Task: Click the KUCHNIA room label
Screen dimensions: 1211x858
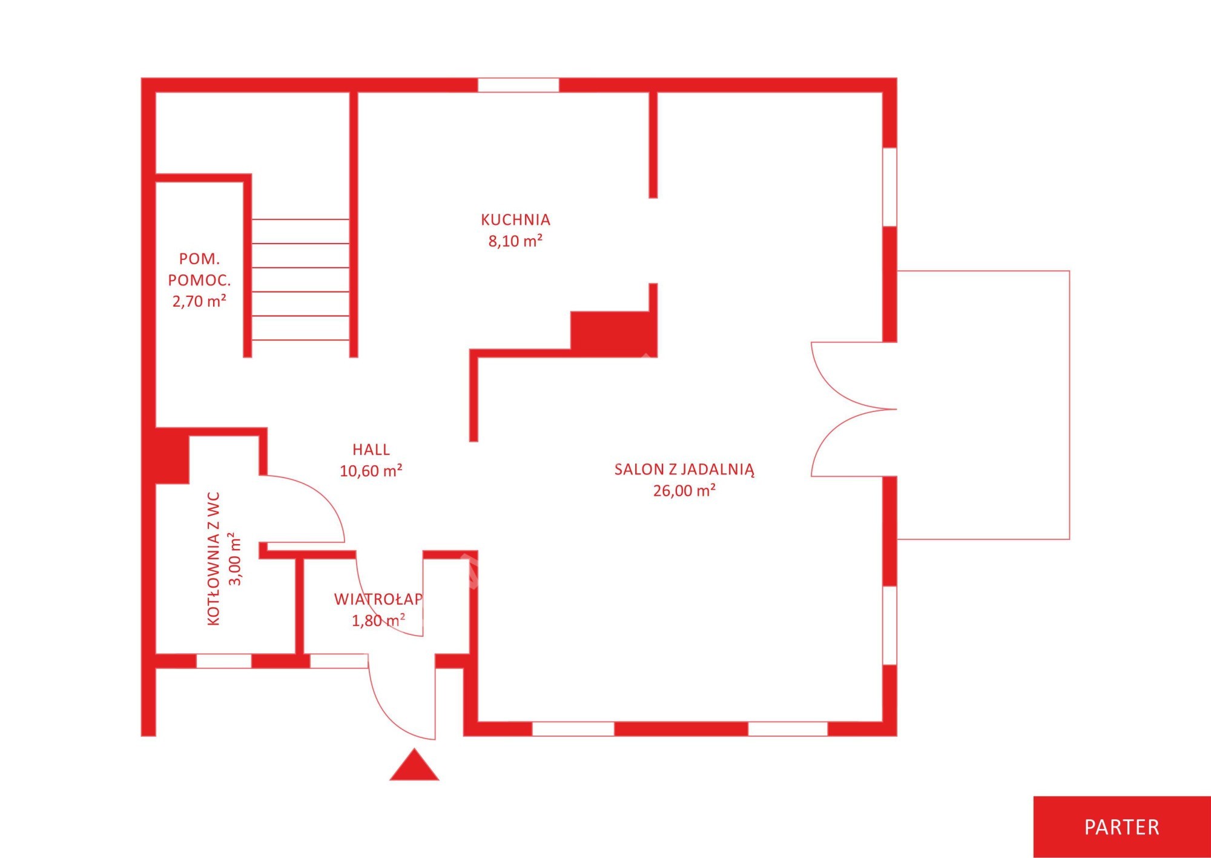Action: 515,219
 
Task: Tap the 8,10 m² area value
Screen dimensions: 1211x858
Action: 515,241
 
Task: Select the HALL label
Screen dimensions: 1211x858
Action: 371,450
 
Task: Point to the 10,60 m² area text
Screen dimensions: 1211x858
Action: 371,471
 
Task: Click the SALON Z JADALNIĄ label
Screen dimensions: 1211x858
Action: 684,470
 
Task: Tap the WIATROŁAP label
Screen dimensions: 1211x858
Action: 378,599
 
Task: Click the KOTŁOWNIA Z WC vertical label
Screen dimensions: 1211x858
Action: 214,559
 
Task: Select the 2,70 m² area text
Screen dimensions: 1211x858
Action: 199,301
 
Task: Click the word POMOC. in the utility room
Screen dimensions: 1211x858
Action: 199,280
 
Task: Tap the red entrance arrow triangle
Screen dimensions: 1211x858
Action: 414,765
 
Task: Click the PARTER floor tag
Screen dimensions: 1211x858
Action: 1122,827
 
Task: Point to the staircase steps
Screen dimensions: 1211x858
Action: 300,279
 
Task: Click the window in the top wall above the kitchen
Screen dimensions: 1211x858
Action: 518,85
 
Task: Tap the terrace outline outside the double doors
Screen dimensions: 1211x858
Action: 1069,405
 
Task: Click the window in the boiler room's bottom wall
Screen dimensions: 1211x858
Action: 224,661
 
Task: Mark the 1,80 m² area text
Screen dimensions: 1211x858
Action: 378,620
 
